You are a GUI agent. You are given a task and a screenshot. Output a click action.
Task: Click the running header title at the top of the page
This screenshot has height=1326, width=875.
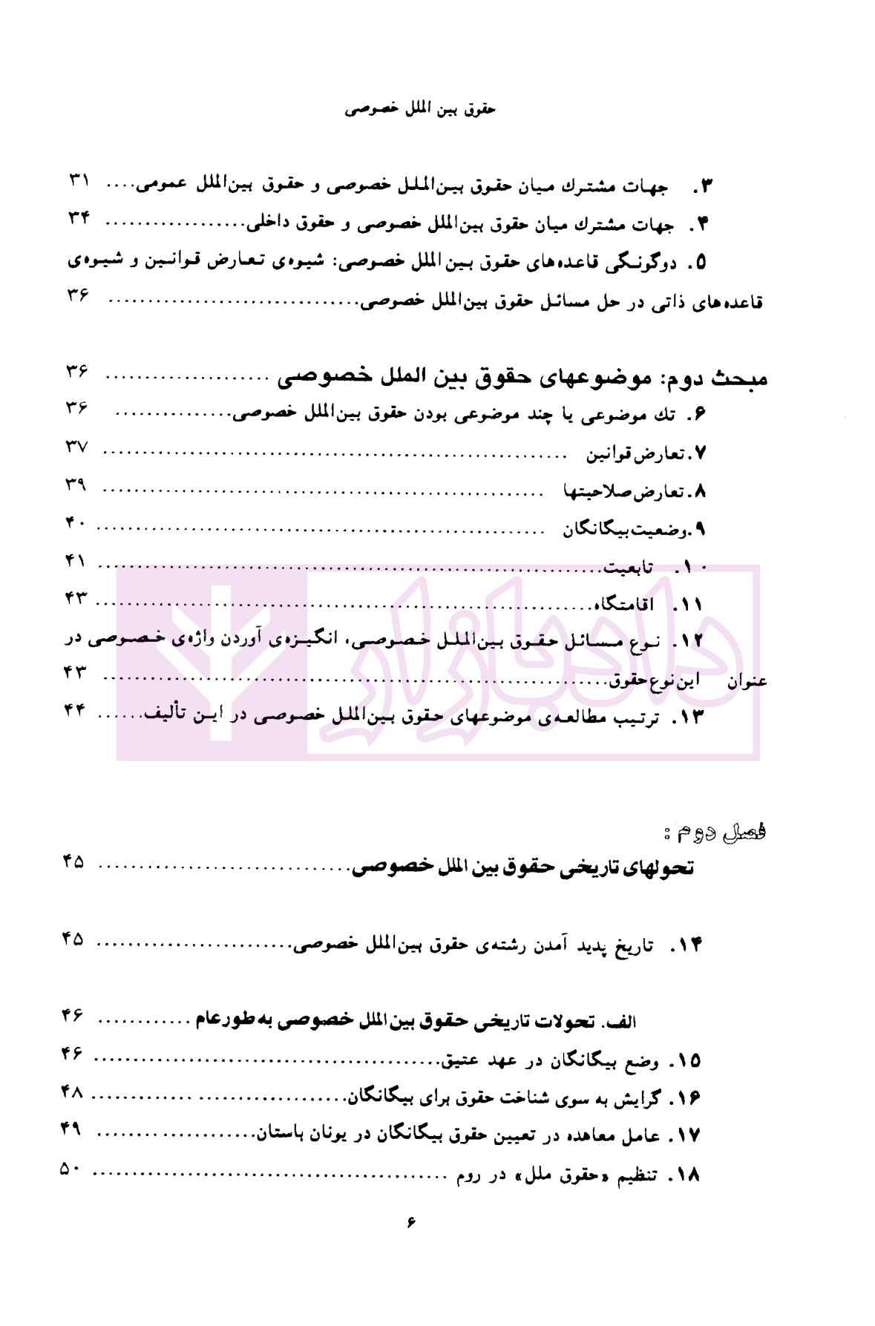420,109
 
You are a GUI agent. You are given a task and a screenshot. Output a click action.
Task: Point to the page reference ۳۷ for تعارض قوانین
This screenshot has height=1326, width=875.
76,447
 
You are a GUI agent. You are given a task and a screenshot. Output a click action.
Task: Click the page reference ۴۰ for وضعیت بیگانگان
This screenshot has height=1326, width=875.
76,522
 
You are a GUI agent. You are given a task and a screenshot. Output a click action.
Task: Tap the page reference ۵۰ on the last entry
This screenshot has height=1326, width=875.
73,1169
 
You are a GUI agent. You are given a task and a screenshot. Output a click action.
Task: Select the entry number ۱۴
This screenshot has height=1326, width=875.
686,944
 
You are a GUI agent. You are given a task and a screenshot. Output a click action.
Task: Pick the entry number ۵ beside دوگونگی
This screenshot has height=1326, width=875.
698,263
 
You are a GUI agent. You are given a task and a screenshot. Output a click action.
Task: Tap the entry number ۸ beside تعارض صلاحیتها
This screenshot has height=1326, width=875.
699,491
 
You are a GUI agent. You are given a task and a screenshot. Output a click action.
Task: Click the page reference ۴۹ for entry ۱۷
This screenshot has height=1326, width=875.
71,1131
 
